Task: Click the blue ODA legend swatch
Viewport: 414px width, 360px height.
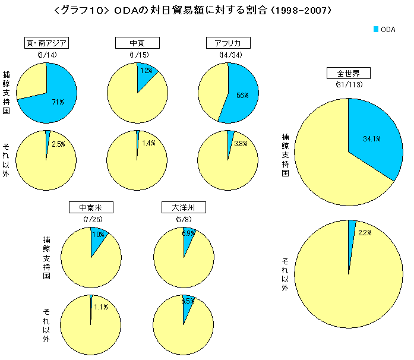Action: [x=376, y=29]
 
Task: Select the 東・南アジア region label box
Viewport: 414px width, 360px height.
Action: [x=46, y=43]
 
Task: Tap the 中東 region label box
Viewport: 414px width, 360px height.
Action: [x=137, y=43]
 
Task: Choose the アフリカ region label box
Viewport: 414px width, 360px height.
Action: [x=227, y=43]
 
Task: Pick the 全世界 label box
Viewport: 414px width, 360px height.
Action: [x=349, y=73]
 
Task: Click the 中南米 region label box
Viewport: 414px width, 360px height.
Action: [x=91, y=208]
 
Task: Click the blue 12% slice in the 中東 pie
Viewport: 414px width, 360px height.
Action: [x=146, y=72]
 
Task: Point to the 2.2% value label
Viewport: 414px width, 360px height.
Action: [x=365, y=233]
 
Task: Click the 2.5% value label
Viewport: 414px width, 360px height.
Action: [x=58, y=144]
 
